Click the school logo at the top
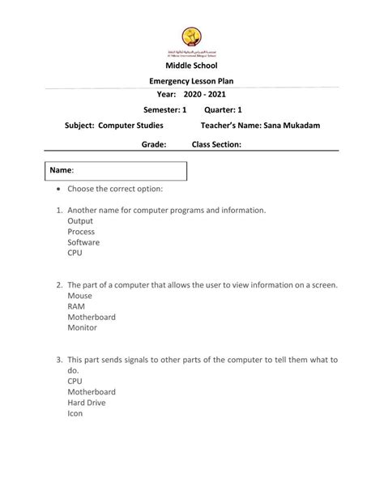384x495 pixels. pyautogui.click(x=191, y=37)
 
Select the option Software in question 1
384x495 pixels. pyautogui.click(x=83, y=241)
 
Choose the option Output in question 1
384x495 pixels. pyautogui.click(x=80, y=220)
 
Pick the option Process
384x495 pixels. pyautogui.click(x=81, y=231)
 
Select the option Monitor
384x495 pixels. pyautogui.click(x=82, y=327)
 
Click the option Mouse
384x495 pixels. pyautogui.click(x=80, y=296)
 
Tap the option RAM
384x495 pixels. pyautogui.click(x=77, y=306)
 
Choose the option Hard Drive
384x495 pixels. pyautogui.click(x=86, y=402)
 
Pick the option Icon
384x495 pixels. pyautogui.click(x=75, y=412)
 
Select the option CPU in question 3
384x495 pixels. pyautogui.click(x=75, y=380)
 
